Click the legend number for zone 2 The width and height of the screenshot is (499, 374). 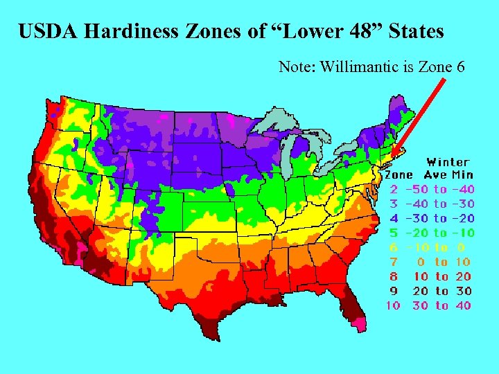click(393, 189)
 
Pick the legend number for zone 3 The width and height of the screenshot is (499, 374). click(393, 204)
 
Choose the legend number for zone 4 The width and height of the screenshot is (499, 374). click(393, 218)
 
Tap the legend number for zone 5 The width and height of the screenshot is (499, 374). click(393, 233)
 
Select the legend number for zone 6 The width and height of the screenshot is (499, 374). click(393, 247)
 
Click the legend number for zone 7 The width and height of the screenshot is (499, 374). click(393, 262)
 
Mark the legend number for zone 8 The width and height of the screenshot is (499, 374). click(393, 276)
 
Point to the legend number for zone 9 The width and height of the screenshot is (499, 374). click(393, 291)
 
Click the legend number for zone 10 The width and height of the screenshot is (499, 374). click(393, 305)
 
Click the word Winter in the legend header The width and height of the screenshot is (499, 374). click(447, 162)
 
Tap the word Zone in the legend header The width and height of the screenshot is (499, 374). click(399, 175)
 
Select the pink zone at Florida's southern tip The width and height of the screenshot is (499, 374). click(358, 323)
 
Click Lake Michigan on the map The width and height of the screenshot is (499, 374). click(291, 151)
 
